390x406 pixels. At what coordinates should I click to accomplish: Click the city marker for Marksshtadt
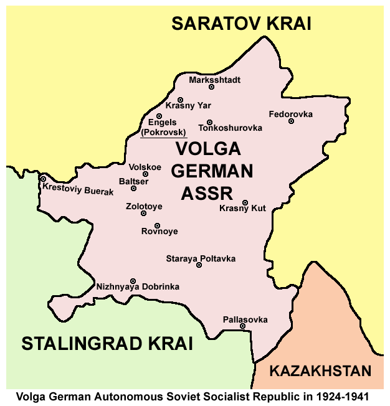[211, 87]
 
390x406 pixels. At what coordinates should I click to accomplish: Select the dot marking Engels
[159, 116]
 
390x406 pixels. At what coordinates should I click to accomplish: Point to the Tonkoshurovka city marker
[209, 122]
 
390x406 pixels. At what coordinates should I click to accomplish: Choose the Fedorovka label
[291, 114]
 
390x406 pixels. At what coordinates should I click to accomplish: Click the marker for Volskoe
[145, 174]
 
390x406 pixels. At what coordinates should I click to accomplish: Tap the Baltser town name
[133, 181]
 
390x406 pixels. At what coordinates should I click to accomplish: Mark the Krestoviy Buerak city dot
[43, 179]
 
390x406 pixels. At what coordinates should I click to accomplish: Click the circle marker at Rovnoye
[157, 225]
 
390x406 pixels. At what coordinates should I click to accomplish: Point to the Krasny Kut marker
[245, 202]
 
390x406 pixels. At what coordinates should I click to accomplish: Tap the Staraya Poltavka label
[201, 258]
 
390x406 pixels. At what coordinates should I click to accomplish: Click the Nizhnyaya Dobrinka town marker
[132, 281]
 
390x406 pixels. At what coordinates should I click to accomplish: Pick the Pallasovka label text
[245, 319]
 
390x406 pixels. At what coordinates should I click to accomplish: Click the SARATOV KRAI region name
[241, 24]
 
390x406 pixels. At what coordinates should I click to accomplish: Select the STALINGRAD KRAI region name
[107, 343]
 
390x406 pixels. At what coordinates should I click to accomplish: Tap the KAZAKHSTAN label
[320, 372]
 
